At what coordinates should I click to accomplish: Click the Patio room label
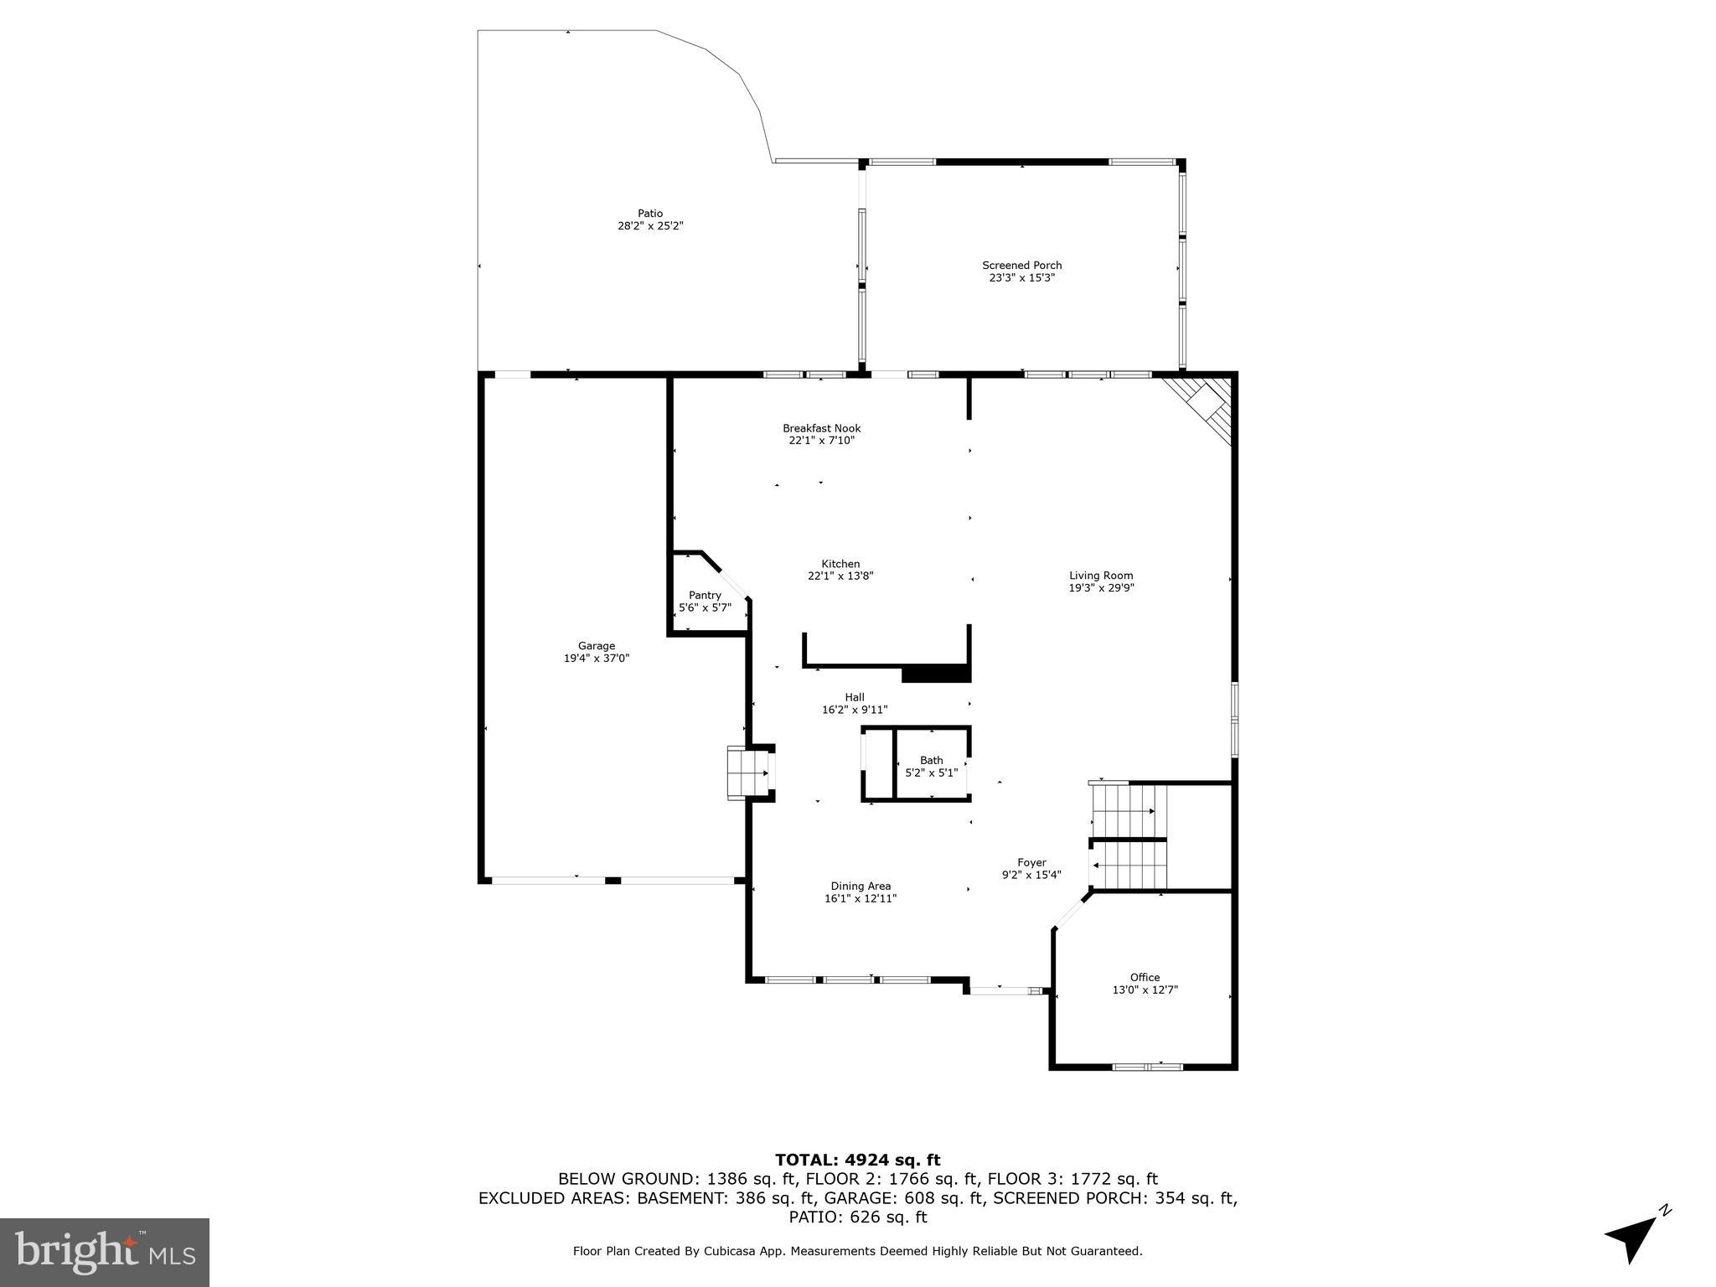pos(649,214)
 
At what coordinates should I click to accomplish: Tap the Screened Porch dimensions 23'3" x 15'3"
pos(1021,277)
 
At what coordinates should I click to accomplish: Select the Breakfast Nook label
pos(821,428)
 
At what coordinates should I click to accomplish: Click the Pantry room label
pos(705,596)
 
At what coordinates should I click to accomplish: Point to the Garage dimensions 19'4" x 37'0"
pos(596,659)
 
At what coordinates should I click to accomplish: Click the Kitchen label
pos(840,564)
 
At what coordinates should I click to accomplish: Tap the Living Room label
pos(1100,576)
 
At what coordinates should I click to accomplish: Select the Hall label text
pos(854,697)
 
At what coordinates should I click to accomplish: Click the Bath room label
pos(931,761)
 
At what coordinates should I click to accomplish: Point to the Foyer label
pos(1031,862)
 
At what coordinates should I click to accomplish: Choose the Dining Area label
pos(860,886)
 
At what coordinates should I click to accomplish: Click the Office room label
pos(1145,977)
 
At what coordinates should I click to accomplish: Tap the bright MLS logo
pos(105,1252)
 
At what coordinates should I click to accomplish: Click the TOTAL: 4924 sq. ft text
pos(857,1160)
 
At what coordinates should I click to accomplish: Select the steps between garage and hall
pos(747,773)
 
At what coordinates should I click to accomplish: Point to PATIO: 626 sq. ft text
pos(857,1217)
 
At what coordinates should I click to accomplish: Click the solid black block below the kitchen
pos(935,674)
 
